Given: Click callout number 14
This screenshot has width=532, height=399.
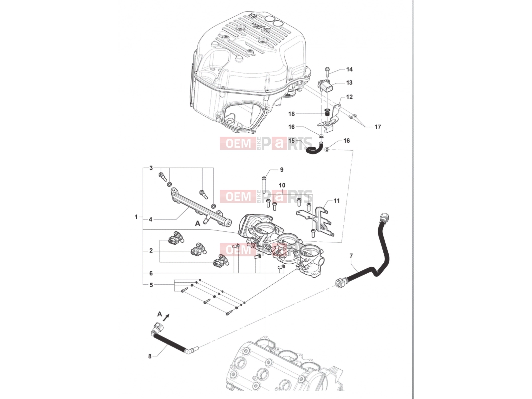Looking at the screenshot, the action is tap(349, 69).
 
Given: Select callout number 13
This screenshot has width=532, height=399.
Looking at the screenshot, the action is tap(349, 82).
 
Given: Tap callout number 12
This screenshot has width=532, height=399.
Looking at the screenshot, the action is tap(349, 97).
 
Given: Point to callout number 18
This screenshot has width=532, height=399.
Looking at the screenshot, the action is tap(292, 114).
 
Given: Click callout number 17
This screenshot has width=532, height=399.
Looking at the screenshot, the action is tap(378, 127).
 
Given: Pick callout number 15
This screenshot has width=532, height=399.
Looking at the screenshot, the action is tap(292, 141).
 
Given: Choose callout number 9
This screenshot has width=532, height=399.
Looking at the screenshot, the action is tap(282, 170).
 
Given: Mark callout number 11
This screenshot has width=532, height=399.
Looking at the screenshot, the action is tap(336, 200).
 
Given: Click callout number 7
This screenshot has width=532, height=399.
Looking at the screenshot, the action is tap(351, 256).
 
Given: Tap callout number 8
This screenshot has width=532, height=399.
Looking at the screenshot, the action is tap(150, 356).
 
